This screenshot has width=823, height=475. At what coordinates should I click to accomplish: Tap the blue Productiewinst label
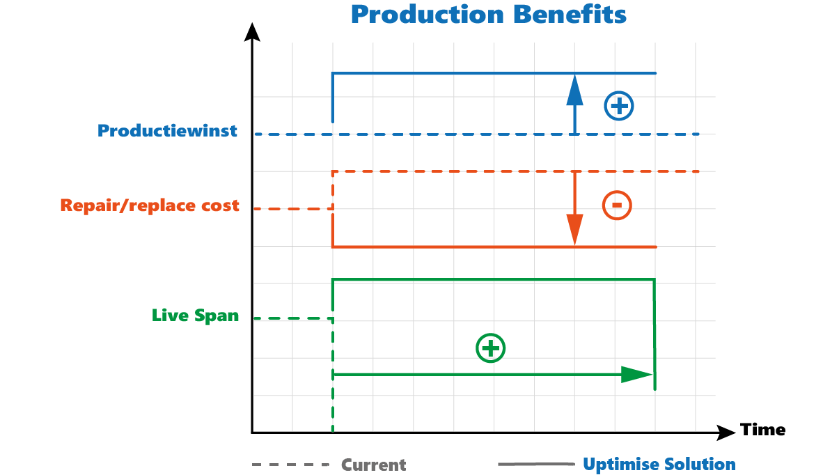click(x=167, y=131)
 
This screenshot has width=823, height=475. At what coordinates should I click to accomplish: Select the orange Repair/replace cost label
click(x=150, y=205)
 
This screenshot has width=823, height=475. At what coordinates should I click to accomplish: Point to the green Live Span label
click(x=195, y=316)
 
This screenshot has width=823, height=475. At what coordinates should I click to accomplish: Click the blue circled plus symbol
click(x=618, y=107)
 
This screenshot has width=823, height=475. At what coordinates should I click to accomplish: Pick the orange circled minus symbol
click(x=616, y=205)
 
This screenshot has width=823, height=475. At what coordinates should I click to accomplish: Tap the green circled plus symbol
click(x=490, y=348)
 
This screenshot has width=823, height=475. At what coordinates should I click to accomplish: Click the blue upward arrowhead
click(x=574, y=89)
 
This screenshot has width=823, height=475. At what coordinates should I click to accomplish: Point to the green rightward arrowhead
click(x=636, y=375)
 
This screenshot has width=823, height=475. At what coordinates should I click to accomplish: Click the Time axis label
click(x=762, y=430)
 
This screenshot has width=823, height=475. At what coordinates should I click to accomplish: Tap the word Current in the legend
click(x=373, y=465)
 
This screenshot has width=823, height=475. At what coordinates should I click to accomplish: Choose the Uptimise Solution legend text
click(x=659, y=464)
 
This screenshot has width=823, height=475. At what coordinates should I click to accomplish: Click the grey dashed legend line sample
click(x=290, y=465)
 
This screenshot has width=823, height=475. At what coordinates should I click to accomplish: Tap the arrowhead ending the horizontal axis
click(x=726, y=433)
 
